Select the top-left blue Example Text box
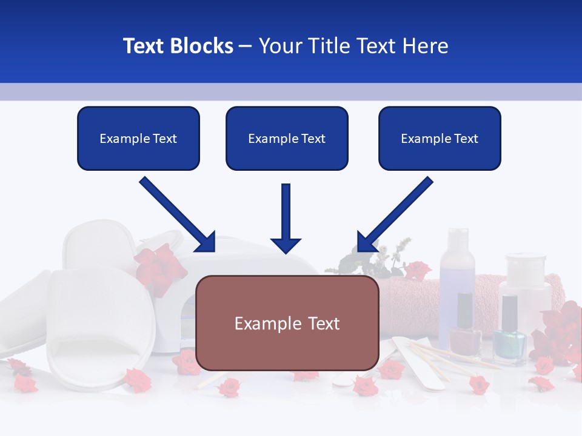pyautogui.click(x=138, y=139)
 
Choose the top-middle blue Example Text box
pyautogui.click(x=287, y=139)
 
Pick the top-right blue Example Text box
pyautogui.click(x=440, y=139)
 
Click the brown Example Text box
pyautogui.click(x=287, y=323)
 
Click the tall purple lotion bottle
pyautogui.click(x=456, y=266)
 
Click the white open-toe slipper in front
pyautogui.click(x=100, y=330)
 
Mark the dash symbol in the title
pyautogui.click(x=246, y=47)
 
